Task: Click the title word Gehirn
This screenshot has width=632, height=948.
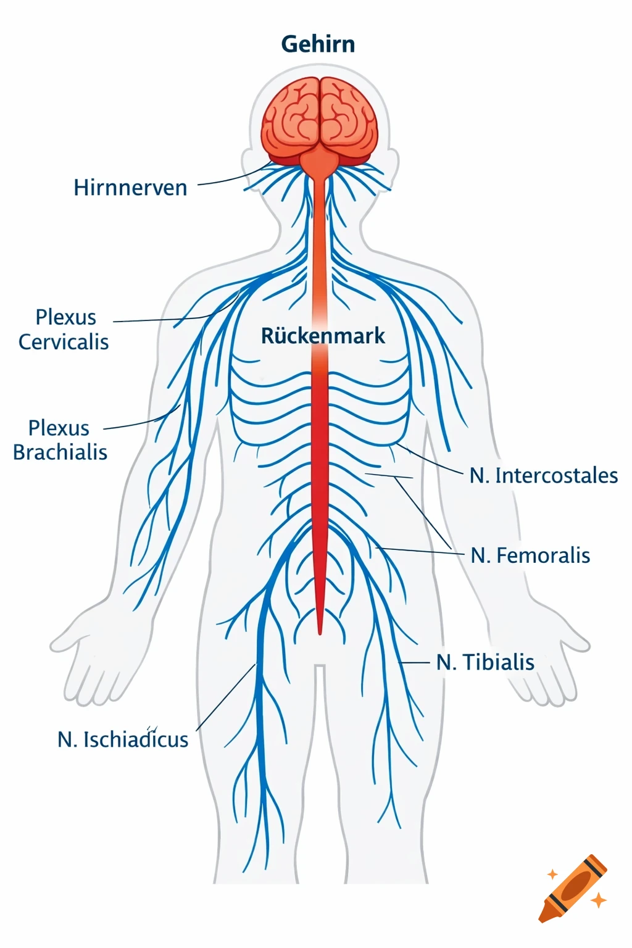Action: [x=318, y=44]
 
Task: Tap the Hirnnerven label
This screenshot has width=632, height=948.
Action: [x=130, y=188]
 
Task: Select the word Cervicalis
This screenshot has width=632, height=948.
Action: [x=64, y=341]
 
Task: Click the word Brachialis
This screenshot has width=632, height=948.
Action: [x=60, y=452]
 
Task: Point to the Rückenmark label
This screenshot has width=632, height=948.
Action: [x=323, y=336]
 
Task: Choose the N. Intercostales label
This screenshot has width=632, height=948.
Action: [x=543, y=475]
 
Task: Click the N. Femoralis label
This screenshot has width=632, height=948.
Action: [x=530, y=555]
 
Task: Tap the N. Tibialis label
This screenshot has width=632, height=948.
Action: [x=485, y=662]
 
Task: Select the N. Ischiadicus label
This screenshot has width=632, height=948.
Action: [x=123, y=739]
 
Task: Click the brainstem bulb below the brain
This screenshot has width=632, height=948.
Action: [x=319, y=164]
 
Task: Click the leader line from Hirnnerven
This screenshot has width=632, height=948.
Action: [x=228, y=180]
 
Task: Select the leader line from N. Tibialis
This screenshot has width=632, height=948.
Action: [x=415, y=662]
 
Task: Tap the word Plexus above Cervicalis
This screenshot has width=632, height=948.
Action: [x=65, y=317]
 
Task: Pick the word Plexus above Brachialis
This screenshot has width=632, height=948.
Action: [x=59, y=428]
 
